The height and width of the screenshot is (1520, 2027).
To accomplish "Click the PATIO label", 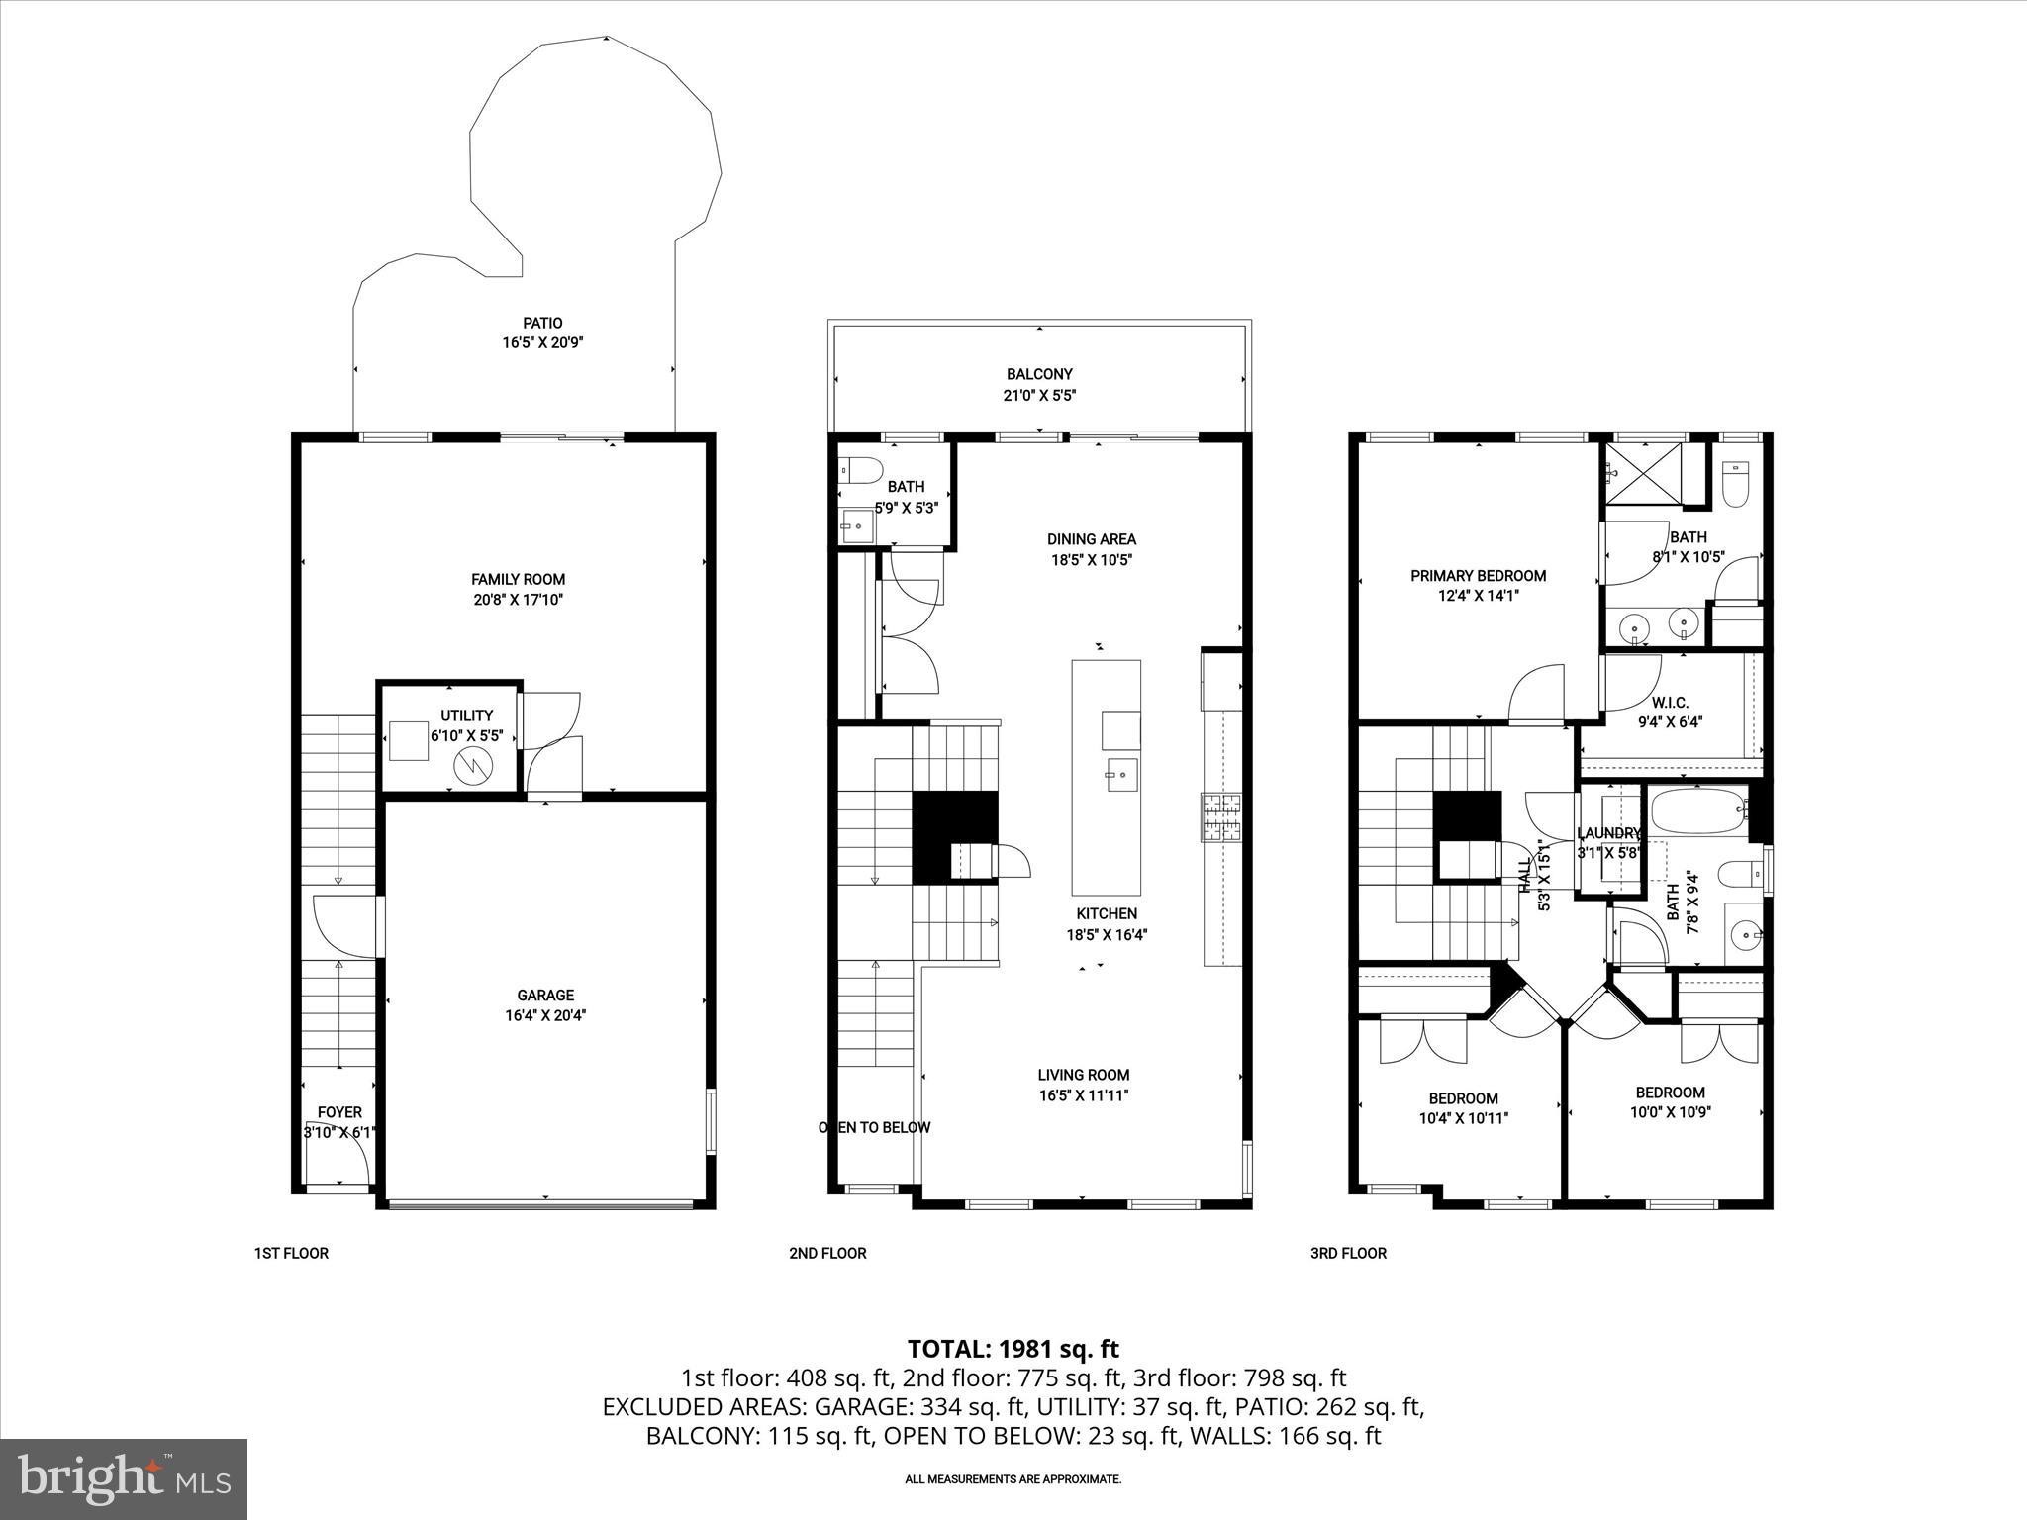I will click(542, 323).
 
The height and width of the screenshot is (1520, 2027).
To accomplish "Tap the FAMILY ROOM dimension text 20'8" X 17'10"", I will click(518, 600).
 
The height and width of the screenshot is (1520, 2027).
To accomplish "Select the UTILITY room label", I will click(466, 715).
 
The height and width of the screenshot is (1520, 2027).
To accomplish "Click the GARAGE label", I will click(545, 995).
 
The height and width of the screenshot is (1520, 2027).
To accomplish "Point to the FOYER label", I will click(339, 1112).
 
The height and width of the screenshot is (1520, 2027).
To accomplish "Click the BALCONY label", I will click(1039, 374).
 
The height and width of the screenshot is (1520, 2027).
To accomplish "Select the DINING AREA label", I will click(1092, 539).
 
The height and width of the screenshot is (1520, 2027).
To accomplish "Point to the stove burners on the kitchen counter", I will click(1221, 817).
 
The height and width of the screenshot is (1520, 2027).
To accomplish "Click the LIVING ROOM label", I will click(1084, 1075).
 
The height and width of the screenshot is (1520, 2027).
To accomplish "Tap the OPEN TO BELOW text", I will click(875, 1127).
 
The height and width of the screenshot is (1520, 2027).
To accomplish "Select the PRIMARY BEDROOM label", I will click(1478, 575).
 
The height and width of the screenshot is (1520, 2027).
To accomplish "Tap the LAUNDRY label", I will click(1608, 833).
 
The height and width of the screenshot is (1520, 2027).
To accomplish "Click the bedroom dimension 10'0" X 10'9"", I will click(1670, 1111).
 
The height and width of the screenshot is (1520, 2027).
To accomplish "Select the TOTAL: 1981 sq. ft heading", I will click(1013, 1348).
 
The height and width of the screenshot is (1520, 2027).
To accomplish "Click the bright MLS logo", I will click(124, 1478).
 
